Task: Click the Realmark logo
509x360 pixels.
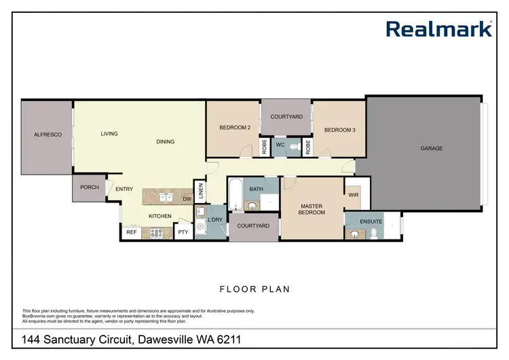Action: click(438, 29)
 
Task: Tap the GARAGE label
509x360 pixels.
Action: click(431, 148)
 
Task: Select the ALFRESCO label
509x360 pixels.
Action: click(48, 135)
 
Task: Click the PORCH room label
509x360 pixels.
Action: click(89, 187)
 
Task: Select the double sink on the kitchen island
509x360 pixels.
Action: click(164, 198)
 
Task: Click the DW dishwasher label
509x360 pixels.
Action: click(187, 199)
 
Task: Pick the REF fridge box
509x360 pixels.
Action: click(131, 232)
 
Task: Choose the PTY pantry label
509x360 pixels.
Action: click(183, 232)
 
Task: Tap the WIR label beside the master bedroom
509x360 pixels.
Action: click(353, 194)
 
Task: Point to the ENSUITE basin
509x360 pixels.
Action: click(354, 235)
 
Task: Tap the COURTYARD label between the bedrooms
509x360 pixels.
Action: click(286, 117)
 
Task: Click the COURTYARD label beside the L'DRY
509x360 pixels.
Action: click(254, 226)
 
